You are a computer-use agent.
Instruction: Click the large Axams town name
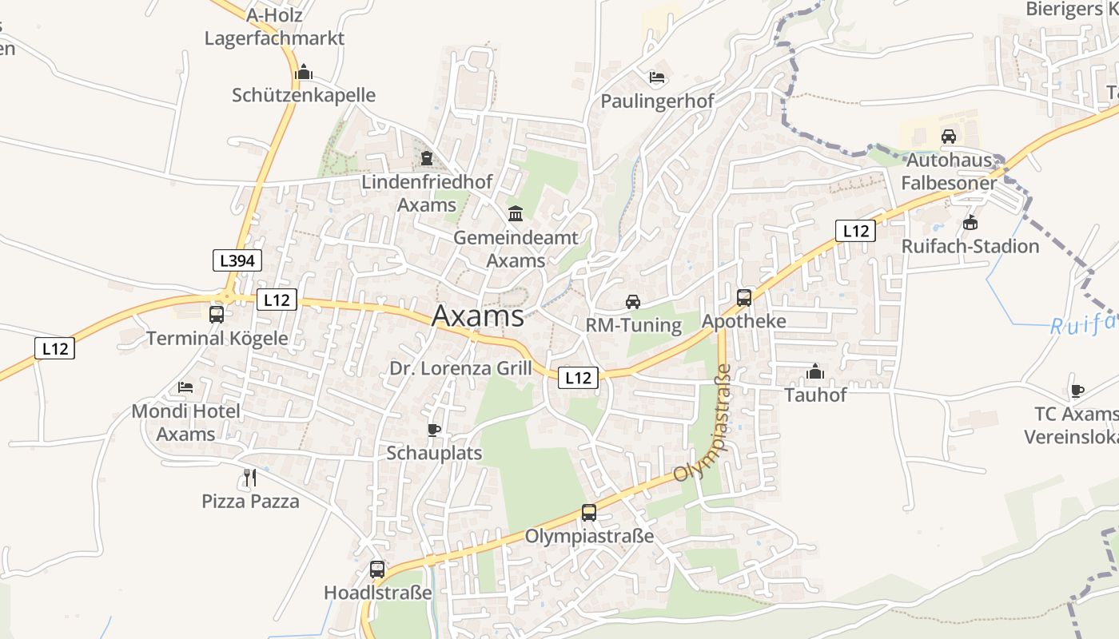pos(478,316)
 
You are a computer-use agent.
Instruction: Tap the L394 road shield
pos(237,260)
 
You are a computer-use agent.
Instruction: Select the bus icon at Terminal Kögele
pos(217,314)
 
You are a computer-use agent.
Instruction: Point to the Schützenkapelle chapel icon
pos(303,73)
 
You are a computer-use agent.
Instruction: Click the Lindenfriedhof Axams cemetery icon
pos(427,158)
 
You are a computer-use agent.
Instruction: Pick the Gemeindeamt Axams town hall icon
pos(516,214)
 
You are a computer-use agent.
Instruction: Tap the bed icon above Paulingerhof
pos(657,77)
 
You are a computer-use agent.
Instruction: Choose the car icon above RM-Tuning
pos(633,301)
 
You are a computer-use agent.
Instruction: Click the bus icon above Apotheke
pos(744,298)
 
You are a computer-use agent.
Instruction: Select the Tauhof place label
pos(815,395)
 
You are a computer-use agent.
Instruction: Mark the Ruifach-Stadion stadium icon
pos(970,222)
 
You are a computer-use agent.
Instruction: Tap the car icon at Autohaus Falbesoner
pos(949,136)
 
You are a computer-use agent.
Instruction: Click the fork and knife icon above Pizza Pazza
pos(250,478)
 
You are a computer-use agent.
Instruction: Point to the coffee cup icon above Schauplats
pos(434,430)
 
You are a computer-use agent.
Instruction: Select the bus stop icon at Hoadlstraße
pos(377,570)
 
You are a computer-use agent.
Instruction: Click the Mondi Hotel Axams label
pos(185,423)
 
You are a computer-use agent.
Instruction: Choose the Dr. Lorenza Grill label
pos(460,368)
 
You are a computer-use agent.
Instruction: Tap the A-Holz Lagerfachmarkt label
pos(274,26)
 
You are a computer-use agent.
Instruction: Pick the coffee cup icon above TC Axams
pos(1077,391)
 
